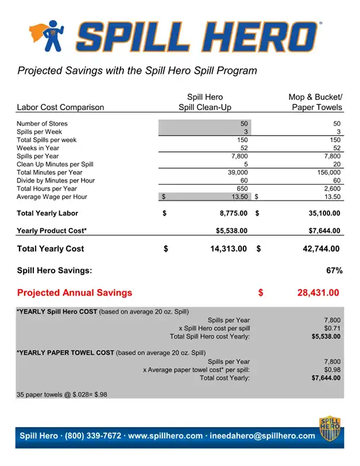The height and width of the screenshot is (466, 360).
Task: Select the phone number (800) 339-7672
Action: click(x=93, y=436)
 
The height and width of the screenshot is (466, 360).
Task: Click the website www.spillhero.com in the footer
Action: click(x=165, y=436)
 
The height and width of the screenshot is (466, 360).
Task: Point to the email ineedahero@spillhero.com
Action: click(x=262, y=436)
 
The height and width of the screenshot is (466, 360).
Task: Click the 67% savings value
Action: click(x=334, y=270)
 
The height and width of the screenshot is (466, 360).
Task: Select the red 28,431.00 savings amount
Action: click(x=318, y=293)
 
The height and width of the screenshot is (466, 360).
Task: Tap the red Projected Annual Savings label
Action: click(x=75, y=293)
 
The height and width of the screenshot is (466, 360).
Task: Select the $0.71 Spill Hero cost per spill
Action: click(x=332, y=328)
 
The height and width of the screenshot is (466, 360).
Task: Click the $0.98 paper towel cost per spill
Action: click(x=332, y=370)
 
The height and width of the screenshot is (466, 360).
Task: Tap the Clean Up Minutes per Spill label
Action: click(x=55, y=164)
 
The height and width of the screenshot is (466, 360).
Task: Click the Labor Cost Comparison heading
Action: click(x=60, y=107)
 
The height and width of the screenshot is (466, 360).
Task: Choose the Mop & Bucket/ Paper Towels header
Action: click(x=315, y=102)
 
